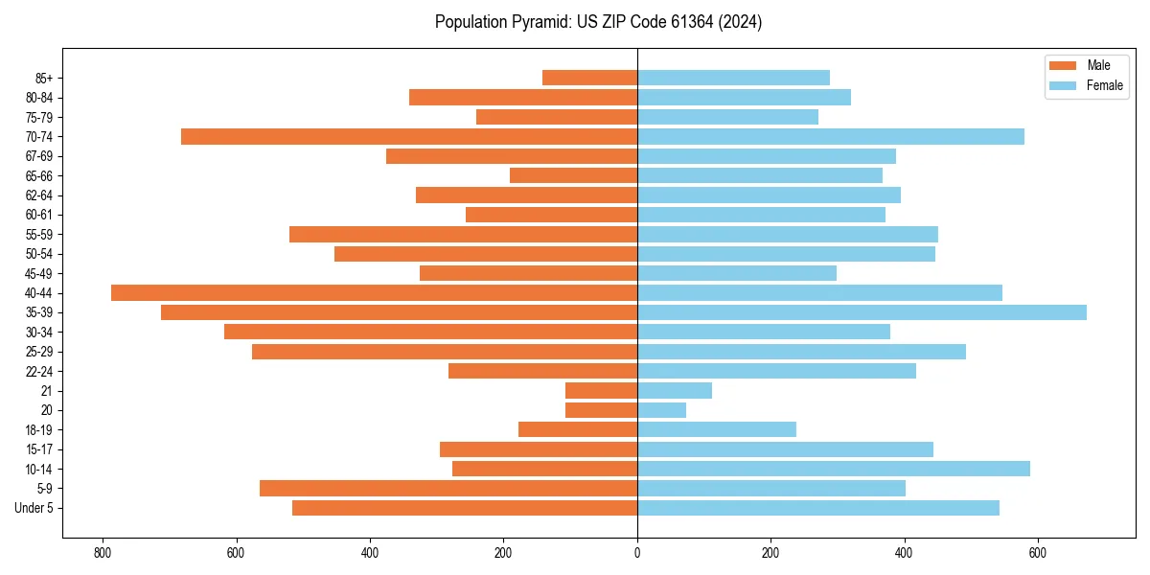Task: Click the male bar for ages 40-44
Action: point(374,293)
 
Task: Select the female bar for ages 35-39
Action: point(862,312)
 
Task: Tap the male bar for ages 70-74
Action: point(409,137)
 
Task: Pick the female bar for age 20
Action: point(661,410)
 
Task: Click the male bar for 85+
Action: point(589,78)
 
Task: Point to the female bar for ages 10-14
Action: point(834,469)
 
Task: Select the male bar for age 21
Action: point(601,391)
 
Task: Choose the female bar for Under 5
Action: point(818,508)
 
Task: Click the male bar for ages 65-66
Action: point(573,175)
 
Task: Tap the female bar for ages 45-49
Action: point(737,273)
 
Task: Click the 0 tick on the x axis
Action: point(637,553)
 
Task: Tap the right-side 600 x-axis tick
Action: point(1037,553)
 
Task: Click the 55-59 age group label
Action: point(39,235)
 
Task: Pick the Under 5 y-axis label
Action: point(34,508)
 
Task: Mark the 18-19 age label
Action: point(39,430)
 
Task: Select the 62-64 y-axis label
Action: point(39,195)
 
